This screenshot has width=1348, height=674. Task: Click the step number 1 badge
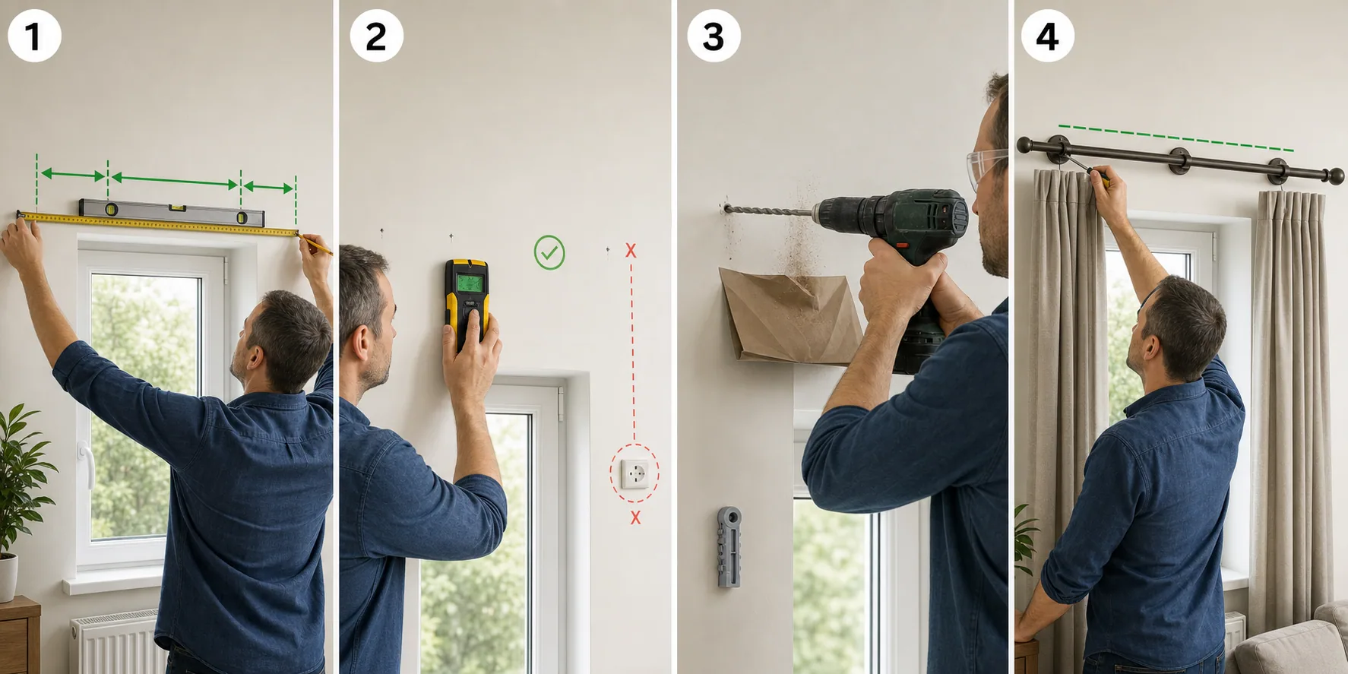click(x=34, y=36)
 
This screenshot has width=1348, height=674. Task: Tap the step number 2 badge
click(x=376, y=36)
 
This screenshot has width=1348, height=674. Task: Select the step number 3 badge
click(x=714, y=36)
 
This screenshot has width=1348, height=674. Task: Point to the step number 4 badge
click(x=1047, y=36)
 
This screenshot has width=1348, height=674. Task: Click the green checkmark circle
click(x=549, y=252)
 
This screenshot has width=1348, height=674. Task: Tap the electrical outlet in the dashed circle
click(x=634, y=474)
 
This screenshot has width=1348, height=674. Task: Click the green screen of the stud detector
click(x=470, y=283)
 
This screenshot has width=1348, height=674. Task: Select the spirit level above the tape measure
click(x=172, y=212)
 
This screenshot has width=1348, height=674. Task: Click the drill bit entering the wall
click(x=767, y=210)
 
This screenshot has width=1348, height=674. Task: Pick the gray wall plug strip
click(x=729, y=547)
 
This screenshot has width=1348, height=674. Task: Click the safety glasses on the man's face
click(x=986, y=169)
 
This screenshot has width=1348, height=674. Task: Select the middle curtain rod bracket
click(x=1179, y=161)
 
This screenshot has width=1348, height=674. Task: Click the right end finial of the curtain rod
click(x=1335, y=177)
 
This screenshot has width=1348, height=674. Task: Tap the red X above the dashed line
click(x=631, y=250)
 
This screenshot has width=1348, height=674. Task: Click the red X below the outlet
click(x=635, y=517)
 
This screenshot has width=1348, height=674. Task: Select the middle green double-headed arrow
click(x=175, y=181)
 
